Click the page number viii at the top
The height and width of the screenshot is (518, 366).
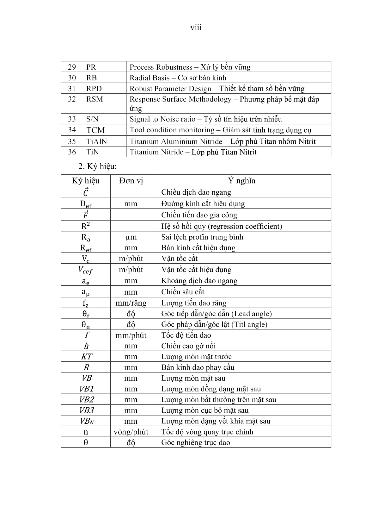pos(196,28)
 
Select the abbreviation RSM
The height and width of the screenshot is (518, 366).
pos(95,99)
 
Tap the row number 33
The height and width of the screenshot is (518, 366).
pos(72,119)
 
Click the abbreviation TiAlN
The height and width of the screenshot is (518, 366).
pos(96,141)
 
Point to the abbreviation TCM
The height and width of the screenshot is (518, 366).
pos(95,130)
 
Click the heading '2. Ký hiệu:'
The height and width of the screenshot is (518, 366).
pos(95,166)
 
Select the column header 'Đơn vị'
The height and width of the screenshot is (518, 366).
pos(131,181)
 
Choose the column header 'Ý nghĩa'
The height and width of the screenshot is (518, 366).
pos(241,181)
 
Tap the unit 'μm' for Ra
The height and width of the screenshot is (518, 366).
pos(131,237)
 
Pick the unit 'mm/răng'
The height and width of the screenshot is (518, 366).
pos(131,303)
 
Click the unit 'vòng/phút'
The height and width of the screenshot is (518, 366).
pos(131,432)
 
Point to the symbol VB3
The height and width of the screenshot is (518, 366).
pos(86,410)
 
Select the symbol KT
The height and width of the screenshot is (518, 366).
pos(86,357)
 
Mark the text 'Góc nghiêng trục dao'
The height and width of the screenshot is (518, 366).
pos(196,443)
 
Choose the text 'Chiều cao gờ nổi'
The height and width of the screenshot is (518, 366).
pos(188,346)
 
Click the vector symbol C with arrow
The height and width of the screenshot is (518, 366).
pos(86,192)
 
